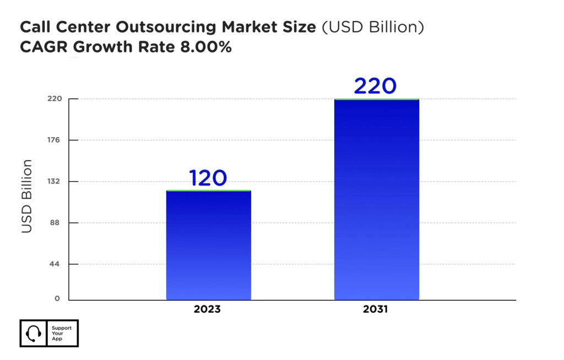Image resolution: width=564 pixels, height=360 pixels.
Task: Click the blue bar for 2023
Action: [x=208, y=245]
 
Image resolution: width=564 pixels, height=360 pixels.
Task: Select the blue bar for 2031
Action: [x=377, y=199]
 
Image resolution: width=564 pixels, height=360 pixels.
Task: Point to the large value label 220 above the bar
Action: [x=375, y=86]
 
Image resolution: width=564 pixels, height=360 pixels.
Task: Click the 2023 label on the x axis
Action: [x=207, y=309]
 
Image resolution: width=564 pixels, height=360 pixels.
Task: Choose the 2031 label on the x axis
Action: [x=376, y=309]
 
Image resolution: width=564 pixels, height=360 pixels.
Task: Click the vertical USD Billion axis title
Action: [x=27, y=196]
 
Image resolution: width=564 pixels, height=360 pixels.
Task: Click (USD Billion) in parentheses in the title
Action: [x=372, y=28]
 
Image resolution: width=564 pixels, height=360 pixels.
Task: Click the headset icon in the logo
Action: [x=34, y=333]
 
